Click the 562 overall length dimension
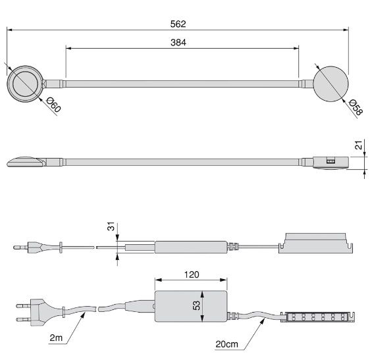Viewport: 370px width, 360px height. (x=178, y=24)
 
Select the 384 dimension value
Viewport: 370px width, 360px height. (x=178, y=43)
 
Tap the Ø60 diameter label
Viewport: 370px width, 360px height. (x=53, y=105)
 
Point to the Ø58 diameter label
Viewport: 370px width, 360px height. (x=356, y=107)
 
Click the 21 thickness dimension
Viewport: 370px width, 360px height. (x=358, y=145)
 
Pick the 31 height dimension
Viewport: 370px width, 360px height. (x=111, y=226)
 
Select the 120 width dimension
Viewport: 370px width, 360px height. (x=192, y=274)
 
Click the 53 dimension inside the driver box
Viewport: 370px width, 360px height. (x=197, y=305)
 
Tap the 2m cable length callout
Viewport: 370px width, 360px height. (x=56, y=338)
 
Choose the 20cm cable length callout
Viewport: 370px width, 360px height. (x=226, y=344)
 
